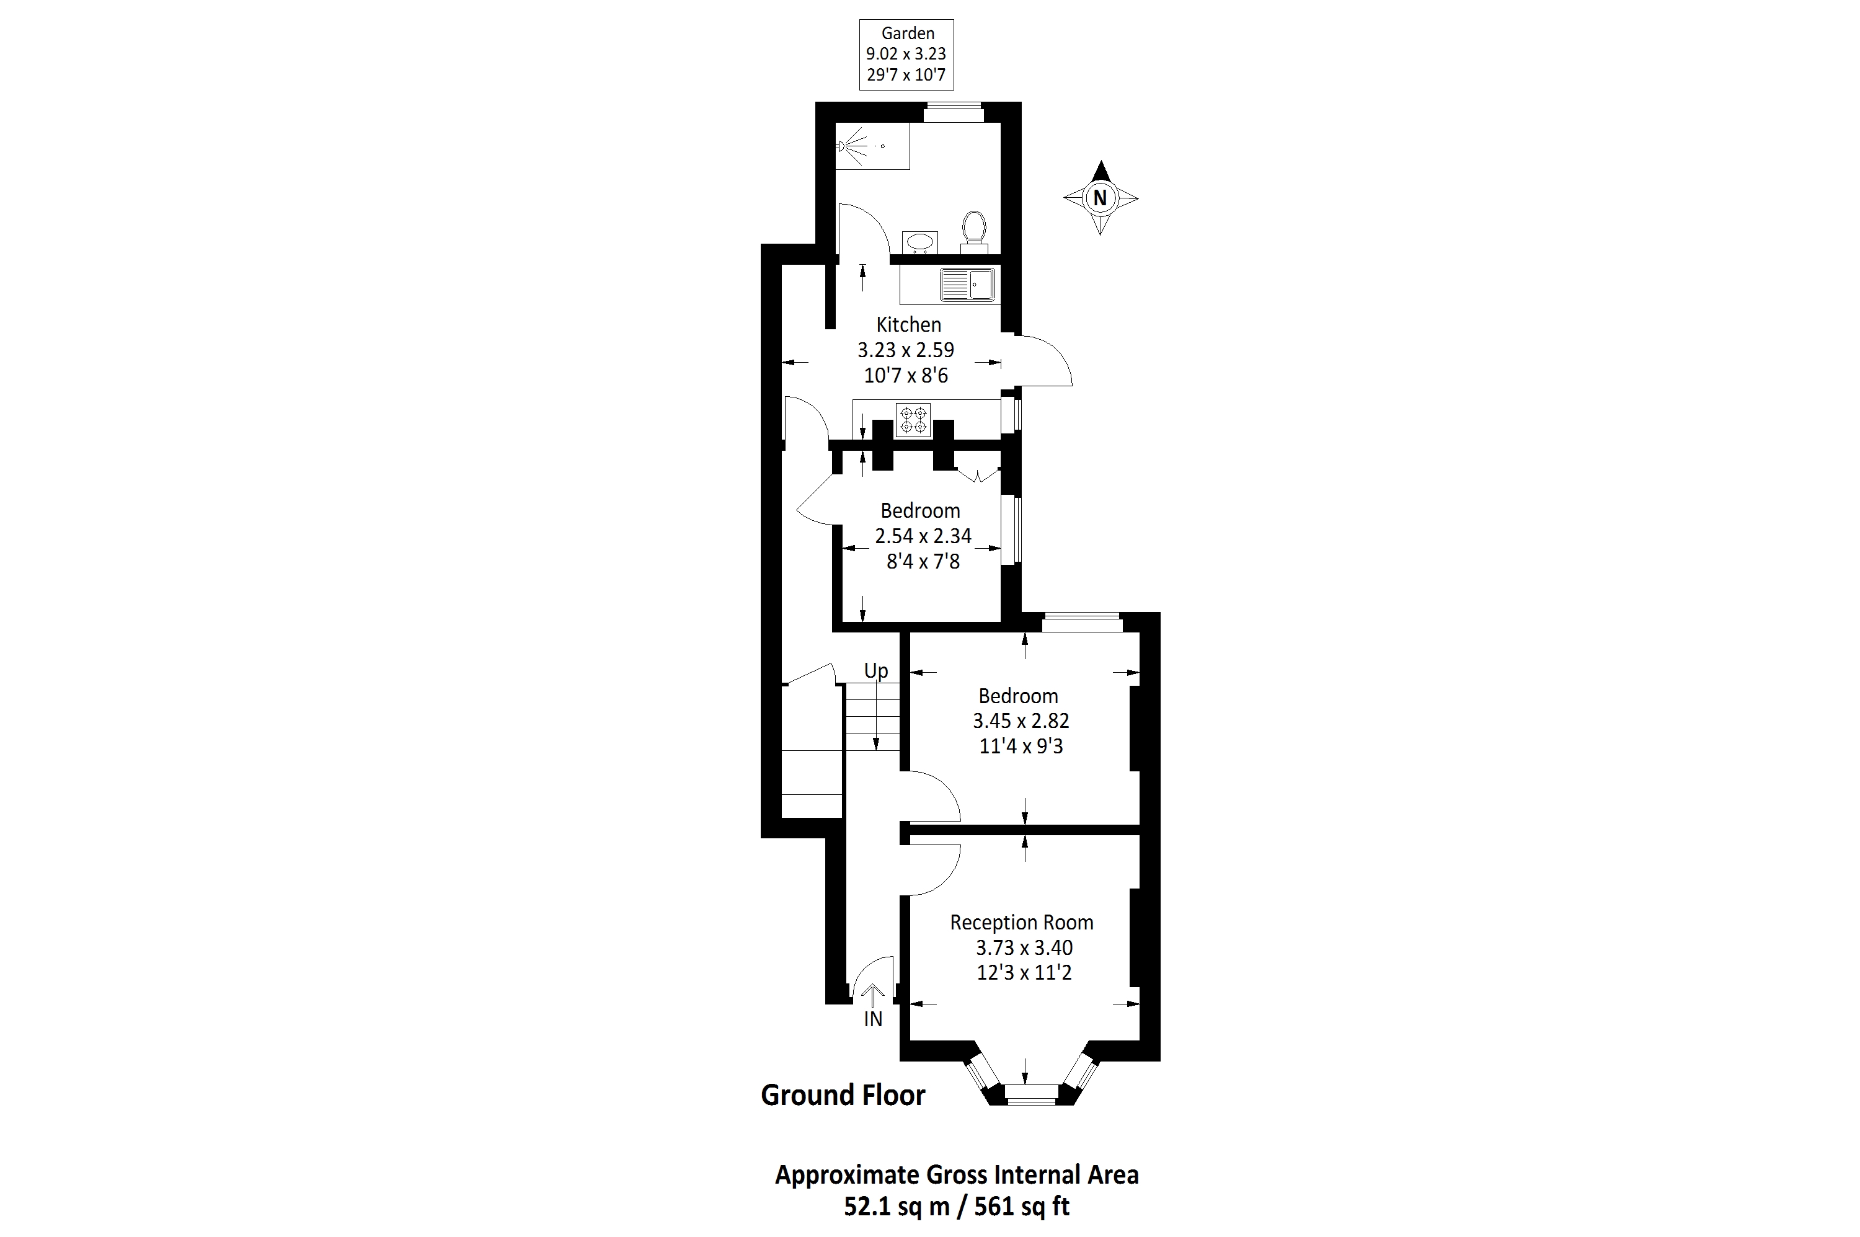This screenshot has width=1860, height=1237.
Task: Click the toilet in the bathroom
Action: pyautogui.click(x=973, y=229)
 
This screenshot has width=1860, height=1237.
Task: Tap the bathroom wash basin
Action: pyautogui.click(x=919, y=241)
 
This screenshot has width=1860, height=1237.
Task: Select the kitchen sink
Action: pyautogui.click(x=968, y=284)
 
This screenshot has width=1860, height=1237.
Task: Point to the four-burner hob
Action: pyautogui.click(x=913, y=419)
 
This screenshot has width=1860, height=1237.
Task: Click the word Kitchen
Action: pyautogui.click(x=908, y=324)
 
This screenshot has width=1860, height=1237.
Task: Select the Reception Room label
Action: pyautogui.click(x=1022, y=922)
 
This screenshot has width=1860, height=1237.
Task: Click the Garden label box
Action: pyautogui.click(x=906, y=55)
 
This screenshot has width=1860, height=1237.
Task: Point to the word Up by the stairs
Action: pyautogui.click(x=875, y=670)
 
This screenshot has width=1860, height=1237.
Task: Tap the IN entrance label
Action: pyautogui.click(x=872, y=1019)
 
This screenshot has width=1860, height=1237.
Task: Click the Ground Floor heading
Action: pyautogui.click(x=843, y=1095)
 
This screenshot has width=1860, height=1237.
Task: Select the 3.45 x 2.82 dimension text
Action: pyautogui.click(x=1021, y=721)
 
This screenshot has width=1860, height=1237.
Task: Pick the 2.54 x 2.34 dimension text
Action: pyautogui.click(x=923, y=536)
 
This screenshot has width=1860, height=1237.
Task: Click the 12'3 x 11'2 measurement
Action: pyautogui.click(x=1024, y=973)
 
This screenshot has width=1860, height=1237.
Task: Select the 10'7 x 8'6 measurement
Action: pyautogui.click(x=906, y=376)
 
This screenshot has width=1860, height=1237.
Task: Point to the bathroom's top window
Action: pyautogui.click(x=954, y=113)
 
